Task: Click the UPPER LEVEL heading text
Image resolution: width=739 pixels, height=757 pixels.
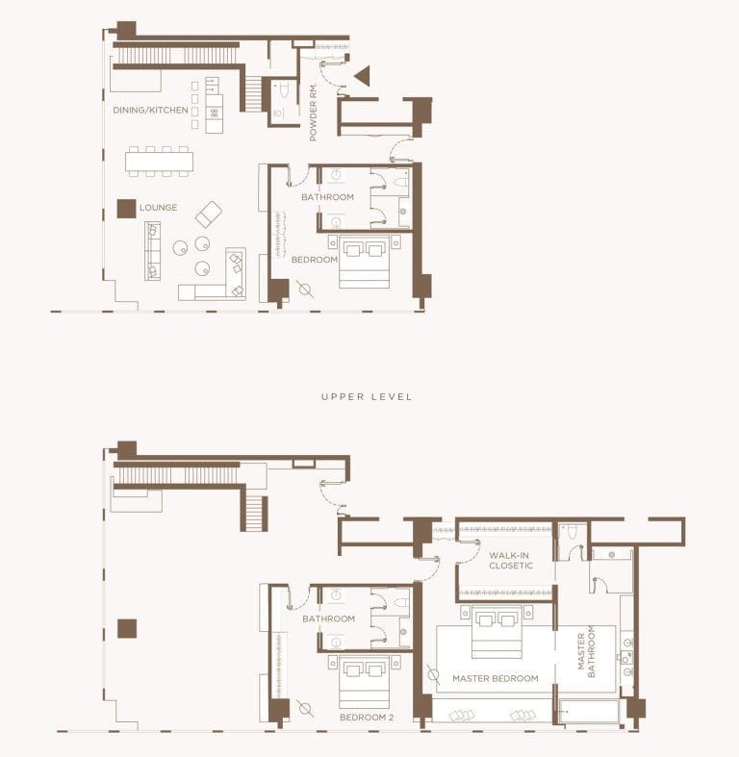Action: coord(367,396)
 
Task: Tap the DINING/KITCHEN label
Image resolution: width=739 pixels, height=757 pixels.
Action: coord(150,111)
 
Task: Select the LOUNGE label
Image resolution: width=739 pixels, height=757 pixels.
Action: coord(158,207)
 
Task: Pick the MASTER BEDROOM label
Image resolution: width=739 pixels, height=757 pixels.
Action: coord(495,679)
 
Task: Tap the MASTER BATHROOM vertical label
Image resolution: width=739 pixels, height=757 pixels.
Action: coord(586,653)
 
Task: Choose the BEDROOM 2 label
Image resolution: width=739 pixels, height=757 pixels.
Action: coord(368,718)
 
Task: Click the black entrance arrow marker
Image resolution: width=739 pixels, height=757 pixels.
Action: coord(362,76)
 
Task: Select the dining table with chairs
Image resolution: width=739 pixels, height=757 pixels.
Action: coord(159,161)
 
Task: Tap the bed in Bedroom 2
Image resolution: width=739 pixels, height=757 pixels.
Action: coord(364,680)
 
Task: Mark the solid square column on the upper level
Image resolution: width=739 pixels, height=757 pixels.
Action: coord(127,629)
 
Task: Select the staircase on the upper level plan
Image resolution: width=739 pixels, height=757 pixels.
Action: coord(253,513)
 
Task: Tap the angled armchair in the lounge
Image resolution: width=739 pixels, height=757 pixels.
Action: coord(209,214)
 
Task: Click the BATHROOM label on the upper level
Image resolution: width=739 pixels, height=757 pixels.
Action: coord(328,618)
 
